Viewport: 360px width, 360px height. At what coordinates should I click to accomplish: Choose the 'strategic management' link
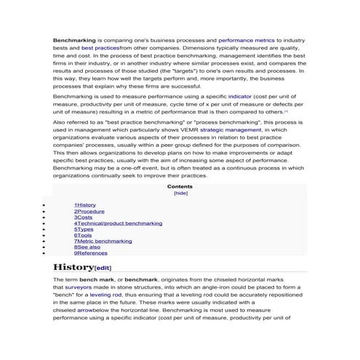(223, 129)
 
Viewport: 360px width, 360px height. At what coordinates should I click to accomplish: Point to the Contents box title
(180, 186)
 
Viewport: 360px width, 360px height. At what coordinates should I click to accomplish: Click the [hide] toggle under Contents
(180, 193)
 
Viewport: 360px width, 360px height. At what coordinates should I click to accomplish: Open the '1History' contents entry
(84, 205)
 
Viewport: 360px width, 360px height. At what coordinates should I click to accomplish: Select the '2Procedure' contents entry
(89, 211)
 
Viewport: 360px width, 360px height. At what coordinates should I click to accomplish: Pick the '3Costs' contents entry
(83, 217)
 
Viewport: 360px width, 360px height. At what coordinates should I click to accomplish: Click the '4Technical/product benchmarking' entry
(118, 223)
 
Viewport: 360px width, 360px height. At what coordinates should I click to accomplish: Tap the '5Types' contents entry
(84, 229)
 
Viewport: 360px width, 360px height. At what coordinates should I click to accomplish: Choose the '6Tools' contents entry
(83, 235)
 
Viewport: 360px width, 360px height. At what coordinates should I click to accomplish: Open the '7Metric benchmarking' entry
(103, 241)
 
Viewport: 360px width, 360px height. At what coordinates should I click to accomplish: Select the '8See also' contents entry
(87, 247)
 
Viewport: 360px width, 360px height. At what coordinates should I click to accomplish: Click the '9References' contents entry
(90, 252)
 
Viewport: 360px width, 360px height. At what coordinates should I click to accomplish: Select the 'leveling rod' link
(106, 295)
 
